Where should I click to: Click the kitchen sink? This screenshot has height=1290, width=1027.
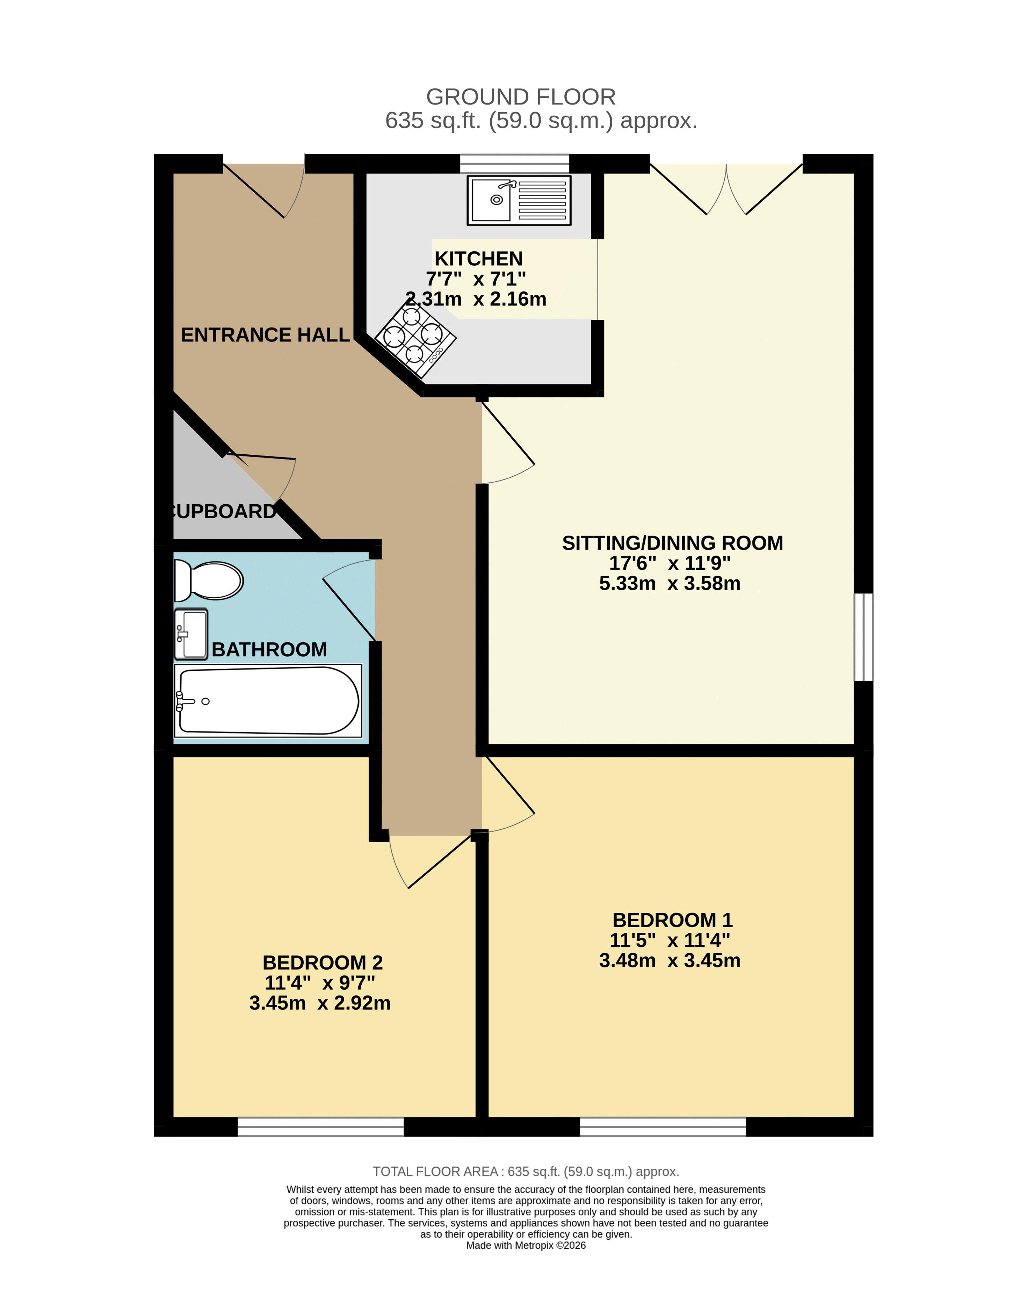(519, 200)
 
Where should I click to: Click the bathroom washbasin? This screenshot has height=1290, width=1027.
(191, 634)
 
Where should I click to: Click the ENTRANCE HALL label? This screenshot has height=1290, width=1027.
(265, 334)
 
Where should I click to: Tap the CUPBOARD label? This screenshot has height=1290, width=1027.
(223, 511)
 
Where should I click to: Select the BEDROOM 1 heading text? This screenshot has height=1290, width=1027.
(672, 920)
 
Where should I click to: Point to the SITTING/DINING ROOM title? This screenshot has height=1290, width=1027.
(672, 543)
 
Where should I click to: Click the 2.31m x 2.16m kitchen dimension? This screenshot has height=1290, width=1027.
(476, 298)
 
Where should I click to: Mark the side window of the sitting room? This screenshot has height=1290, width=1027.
(863, 637)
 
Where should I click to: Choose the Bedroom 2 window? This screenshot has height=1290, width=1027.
(320, 1127)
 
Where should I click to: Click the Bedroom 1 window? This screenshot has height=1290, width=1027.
(663, 1127)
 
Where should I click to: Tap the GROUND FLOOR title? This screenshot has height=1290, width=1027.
(520, 97)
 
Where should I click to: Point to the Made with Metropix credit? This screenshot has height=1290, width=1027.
(526, 1245)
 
